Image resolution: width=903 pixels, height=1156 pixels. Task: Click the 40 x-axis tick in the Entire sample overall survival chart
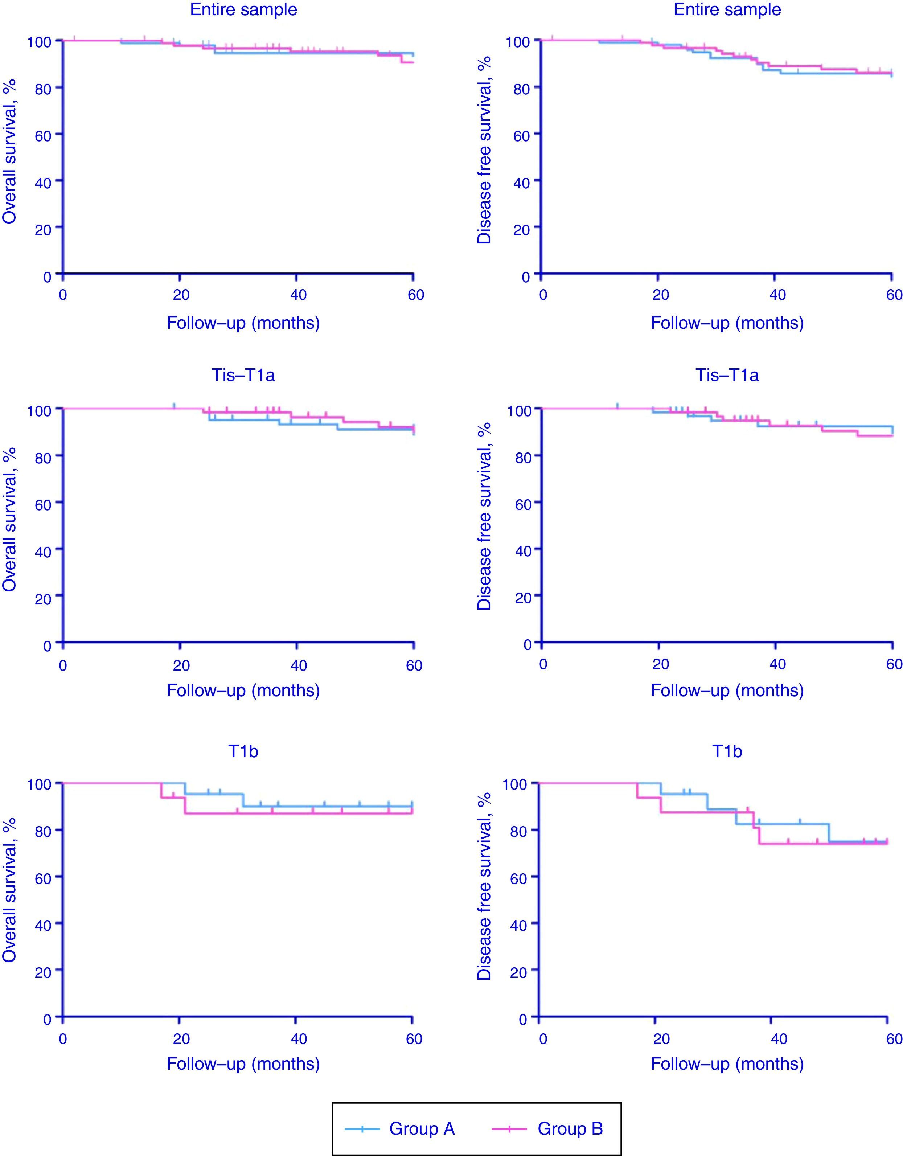point(298,295)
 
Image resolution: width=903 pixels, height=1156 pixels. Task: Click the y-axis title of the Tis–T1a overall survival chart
point(9,519)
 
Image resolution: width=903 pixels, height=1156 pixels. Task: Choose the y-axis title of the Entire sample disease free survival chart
point(484,150)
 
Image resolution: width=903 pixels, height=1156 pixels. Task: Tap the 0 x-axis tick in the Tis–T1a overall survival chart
point(63,665)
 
